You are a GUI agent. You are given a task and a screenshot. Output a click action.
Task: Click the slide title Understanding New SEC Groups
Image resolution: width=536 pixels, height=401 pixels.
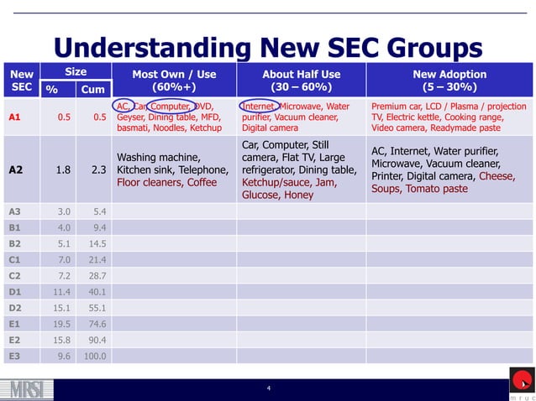pos(268,47)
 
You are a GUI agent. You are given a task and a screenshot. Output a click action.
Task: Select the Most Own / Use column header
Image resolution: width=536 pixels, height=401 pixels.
pos(174,81)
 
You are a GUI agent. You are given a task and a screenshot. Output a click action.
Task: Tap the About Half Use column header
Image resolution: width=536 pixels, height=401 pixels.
pos(301,81)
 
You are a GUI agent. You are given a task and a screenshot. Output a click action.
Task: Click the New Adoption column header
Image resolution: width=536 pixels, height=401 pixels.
pos(450,81)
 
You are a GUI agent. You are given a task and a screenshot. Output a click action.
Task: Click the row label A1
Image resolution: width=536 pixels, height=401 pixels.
pos(15,117)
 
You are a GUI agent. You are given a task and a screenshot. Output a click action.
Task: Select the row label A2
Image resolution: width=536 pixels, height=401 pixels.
pos(15,169)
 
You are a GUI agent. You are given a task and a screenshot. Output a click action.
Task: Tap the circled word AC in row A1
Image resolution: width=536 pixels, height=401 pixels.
pos(123,107)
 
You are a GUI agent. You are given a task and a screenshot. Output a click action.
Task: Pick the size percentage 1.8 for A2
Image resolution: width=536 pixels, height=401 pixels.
pos(62,169)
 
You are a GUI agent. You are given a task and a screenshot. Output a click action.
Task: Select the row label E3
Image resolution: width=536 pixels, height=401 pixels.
pos(14,356)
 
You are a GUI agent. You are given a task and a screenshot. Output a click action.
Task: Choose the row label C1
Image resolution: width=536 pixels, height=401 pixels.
pos(14,259)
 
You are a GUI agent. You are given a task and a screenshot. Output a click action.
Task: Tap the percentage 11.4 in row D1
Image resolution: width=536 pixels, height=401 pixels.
pos(61,291)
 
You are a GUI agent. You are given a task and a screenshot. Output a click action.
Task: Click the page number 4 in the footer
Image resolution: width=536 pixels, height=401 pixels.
pos(268,388)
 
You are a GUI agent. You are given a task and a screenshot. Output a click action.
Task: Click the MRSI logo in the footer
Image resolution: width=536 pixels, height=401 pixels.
pos(29,388)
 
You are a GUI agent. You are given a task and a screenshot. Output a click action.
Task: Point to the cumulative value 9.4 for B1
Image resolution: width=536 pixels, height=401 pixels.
pos(97,227)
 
